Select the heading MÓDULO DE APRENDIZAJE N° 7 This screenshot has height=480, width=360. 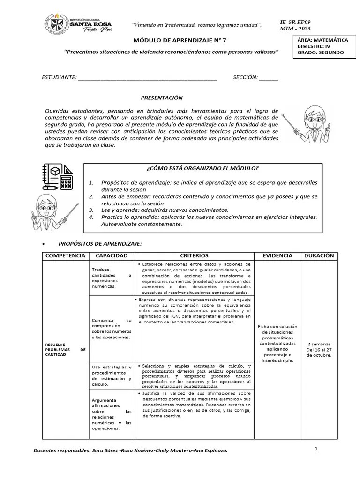[x=171, y=41]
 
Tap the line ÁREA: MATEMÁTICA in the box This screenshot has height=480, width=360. [x=322, y=40]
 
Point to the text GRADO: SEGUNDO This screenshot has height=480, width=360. [x=320, y=52]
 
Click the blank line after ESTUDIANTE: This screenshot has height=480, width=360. [x=147, y=78]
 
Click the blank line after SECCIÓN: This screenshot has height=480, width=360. [x=268, y=78]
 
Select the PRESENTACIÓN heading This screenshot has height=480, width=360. [x=162, y=97]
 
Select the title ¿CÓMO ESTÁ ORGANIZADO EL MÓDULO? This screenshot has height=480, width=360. [x=202, y=168]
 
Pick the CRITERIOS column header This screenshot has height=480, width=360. [x=194, y=256]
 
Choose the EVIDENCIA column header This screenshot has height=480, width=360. [x=277, y=256]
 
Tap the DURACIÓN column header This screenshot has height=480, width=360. [x=319, y=256]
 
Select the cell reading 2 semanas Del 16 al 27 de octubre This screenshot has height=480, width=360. [x=319, y=349]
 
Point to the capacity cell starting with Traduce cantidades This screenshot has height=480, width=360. [x=112, y=278]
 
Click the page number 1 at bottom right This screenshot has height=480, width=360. [x=316, y=449]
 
